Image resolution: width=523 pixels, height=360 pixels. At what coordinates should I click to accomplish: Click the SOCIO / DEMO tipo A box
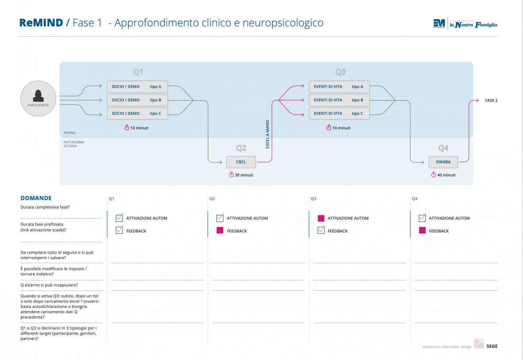click(137, 86)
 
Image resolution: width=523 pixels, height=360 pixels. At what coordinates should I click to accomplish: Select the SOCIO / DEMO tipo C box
click(137, 113)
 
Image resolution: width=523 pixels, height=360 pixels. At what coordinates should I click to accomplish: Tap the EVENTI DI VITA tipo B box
click(339, 100)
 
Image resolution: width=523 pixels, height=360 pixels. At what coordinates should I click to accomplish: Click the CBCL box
click(241, 162)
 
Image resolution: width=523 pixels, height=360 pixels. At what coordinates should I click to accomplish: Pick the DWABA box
click(443, 162)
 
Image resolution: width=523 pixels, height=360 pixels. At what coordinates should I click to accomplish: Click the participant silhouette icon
click(38, 96)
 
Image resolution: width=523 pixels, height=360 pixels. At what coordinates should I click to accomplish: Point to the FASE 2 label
click(491, 100)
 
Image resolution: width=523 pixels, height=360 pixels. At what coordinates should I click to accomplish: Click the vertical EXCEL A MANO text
click(268, 134)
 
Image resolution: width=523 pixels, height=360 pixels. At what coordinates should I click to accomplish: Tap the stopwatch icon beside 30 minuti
click(231, 175)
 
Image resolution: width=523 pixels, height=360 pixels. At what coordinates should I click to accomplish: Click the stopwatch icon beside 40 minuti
click(433, 175)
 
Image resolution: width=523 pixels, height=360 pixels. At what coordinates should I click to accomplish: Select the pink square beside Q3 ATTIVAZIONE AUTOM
click(321, 218)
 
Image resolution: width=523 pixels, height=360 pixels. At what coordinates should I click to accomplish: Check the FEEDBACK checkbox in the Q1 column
click(119, 230)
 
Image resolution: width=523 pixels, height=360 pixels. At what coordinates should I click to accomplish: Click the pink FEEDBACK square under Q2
click(220, 230)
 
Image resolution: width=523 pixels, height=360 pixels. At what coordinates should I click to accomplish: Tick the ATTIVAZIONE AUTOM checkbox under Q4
click(423, 217)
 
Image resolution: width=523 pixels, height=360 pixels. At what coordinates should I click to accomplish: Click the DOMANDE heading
click(36, 198)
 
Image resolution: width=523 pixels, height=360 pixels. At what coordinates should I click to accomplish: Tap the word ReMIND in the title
click(41, 23)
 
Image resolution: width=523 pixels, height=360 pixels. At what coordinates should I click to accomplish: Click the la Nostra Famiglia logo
click(473, 24)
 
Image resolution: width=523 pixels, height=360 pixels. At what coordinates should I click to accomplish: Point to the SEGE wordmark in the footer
click(492, 346)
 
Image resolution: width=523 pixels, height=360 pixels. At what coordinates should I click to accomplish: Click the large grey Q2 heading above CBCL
click(241, 148)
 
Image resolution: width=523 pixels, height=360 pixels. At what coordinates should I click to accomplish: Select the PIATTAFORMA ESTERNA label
click(74, 144)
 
